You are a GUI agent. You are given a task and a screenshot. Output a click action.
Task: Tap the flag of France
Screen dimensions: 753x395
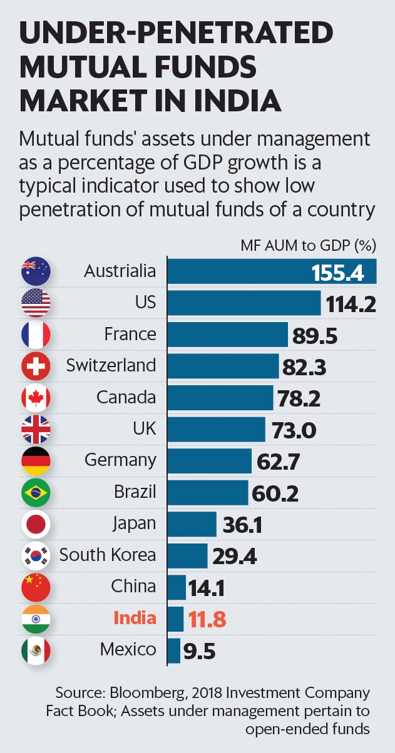tap(36, 335)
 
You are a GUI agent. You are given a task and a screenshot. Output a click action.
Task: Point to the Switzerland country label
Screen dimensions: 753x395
tap(111, 365)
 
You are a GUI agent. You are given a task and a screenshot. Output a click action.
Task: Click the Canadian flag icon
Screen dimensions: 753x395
tap(36, 398)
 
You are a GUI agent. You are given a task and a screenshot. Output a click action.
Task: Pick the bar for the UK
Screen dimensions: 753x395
tap(217, 430)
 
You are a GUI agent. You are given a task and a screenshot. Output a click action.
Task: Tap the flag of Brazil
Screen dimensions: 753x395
tap(36, 493)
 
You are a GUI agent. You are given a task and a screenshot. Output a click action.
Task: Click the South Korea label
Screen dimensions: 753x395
tap(108, 555)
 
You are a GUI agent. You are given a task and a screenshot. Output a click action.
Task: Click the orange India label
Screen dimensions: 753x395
tap(135, 618)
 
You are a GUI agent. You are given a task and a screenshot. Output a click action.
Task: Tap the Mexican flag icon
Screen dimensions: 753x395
tap(36, 650)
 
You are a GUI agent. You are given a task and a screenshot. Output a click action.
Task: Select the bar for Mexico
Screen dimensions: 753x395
tap(174, 651)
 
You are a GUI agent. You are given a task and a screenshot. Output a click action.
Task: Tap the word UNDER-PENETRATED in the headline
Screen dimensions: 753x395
tap(175, 32)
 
